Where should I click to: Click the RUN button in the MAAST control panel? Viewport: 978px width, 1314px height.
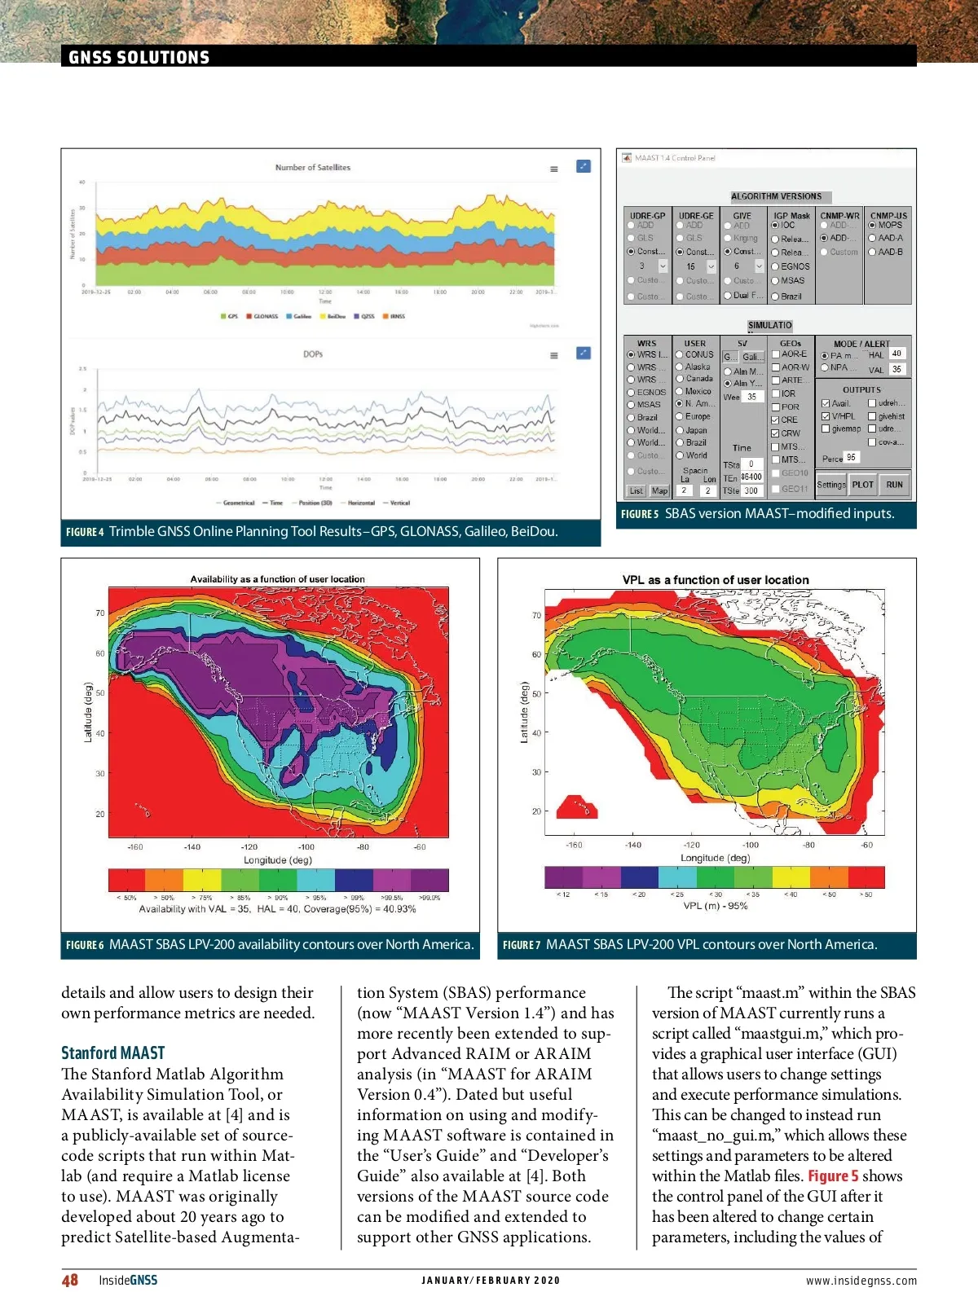894,485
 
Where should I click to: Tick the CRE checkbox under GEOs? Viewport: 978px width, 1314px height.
777,420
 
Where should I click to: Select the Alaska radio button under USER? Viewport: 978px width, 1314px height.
680,367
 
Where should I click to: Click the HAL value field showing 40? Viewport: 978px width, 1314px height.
896,354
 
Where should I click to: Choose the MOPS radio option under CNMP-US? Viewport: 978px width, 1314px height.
872,225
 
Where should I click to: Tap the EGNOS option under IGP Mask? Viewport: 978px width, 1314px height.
776,266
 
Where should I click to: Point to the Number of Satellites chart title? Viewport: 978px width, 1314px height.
313,167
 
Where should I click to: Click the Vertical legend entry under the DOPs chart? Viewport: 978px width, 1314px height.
396,503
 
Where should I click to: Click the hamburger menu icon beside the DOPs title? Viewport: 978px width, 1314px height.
554,355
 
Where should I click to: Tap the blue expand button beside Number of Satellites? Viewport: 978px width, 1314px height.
584,166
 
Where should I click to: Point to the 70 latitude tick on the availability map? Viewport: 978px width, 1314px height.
100,613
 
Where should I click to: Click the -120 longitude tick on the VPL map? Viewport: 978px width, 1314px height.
692,845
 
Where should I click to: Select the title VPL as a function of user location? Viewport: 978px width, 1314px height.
716,580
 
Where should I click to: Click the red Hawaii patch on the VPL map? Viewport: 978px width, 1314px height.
577,806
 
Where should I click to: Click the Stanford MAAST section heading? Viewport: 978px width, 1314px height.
112,1053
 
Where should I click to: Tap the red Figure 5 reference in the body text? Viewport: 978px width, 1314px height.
833,1176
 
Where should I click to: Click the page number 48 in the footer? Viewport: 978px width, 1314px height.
70,1280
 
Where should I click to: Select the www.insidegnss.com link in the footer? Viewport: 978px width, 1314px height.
861,1281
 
